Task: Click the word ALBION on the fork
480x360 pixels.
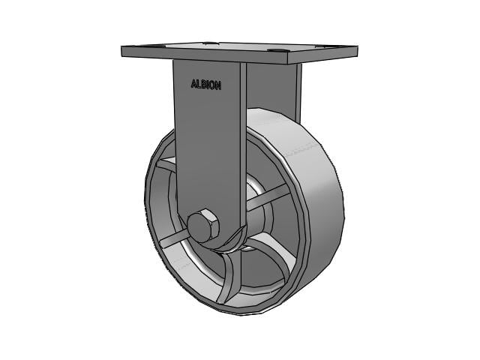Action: (x=206, y=85)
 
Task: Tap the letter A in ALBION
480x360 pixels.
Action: (x=194, y=85)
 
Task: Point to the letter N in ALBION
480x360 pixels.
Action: (x=218, y=85)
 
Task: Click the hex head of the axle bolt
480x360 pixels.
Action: (x=202, y=226)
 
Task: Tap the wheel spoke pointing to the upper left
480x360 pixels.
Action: (x=166, y=166)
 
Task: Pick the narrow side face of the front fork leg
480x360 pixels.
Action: (x=243, y=150)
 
